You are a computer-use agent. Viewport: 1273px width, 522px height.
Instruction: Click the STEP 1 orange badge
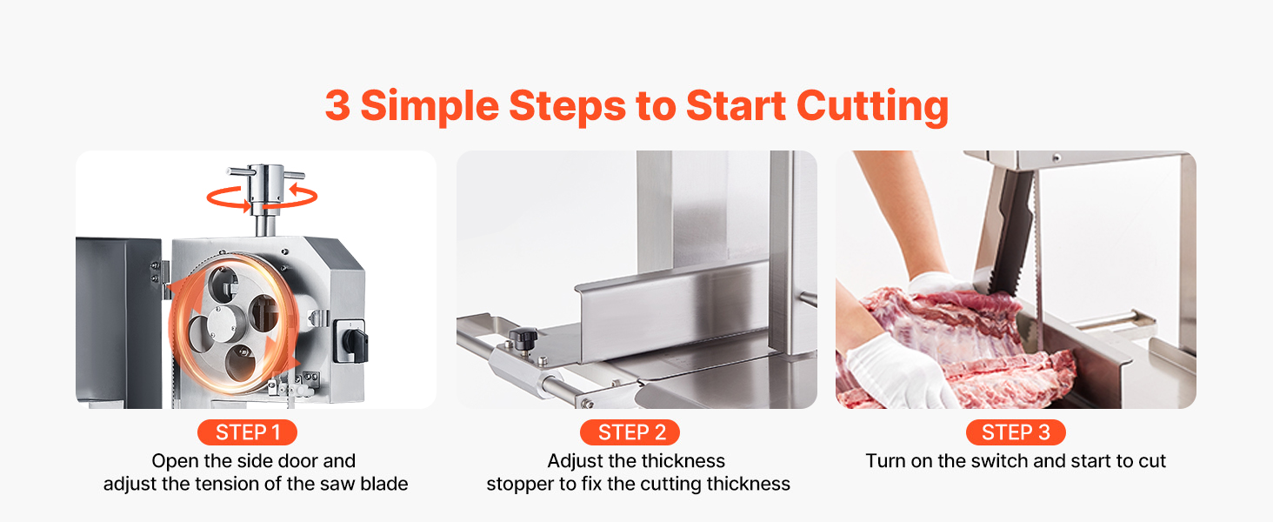point(247,432)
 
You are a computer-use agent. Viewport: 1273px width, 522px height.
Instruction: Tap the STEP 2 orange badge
point(630,432)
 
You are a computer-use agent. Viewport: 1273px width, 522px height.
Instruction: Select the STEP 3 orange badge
point(1016,432)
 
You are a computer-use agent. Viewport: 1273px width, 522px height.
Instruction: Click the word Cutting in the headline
point(872,106)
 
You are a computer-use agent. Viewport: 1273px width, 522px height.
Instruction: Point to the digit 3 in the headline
point(337,105)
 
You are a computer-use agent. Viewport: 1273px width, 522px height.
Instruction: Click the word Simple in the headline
point(430,106)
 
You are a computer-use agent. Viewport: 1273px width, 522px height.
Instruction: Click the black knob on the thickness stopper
point(523,338)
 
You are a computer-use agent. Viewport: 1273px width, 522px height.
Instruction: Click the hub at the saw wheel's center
point(225,323)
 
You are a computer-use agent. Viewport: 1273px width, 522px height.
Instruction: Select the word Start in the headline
point(736,106)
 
